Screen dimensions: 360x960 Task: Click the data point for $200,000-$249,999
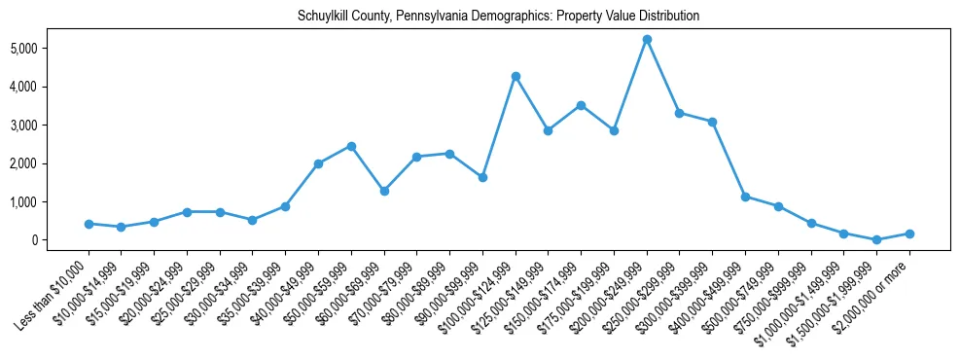(647, 40)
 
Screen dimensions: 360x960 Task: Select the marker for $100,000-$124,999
(516, 76)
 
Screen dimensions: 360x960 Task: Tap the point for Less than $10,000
(89, 224)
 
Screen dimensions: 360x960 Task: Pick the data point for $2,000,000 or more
(909, 234)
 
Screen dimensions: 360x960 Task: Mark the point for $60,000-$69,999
(384, 191)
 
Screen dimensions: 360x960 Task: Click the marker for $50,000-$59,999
(351, 146)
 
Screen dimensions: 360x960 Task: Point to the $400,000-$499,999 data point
(745, 197)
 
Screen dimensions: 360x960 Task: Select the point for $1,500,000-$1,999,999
(876, 239)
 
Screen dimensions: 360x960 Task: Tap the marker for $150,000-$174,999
(581, 105)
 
